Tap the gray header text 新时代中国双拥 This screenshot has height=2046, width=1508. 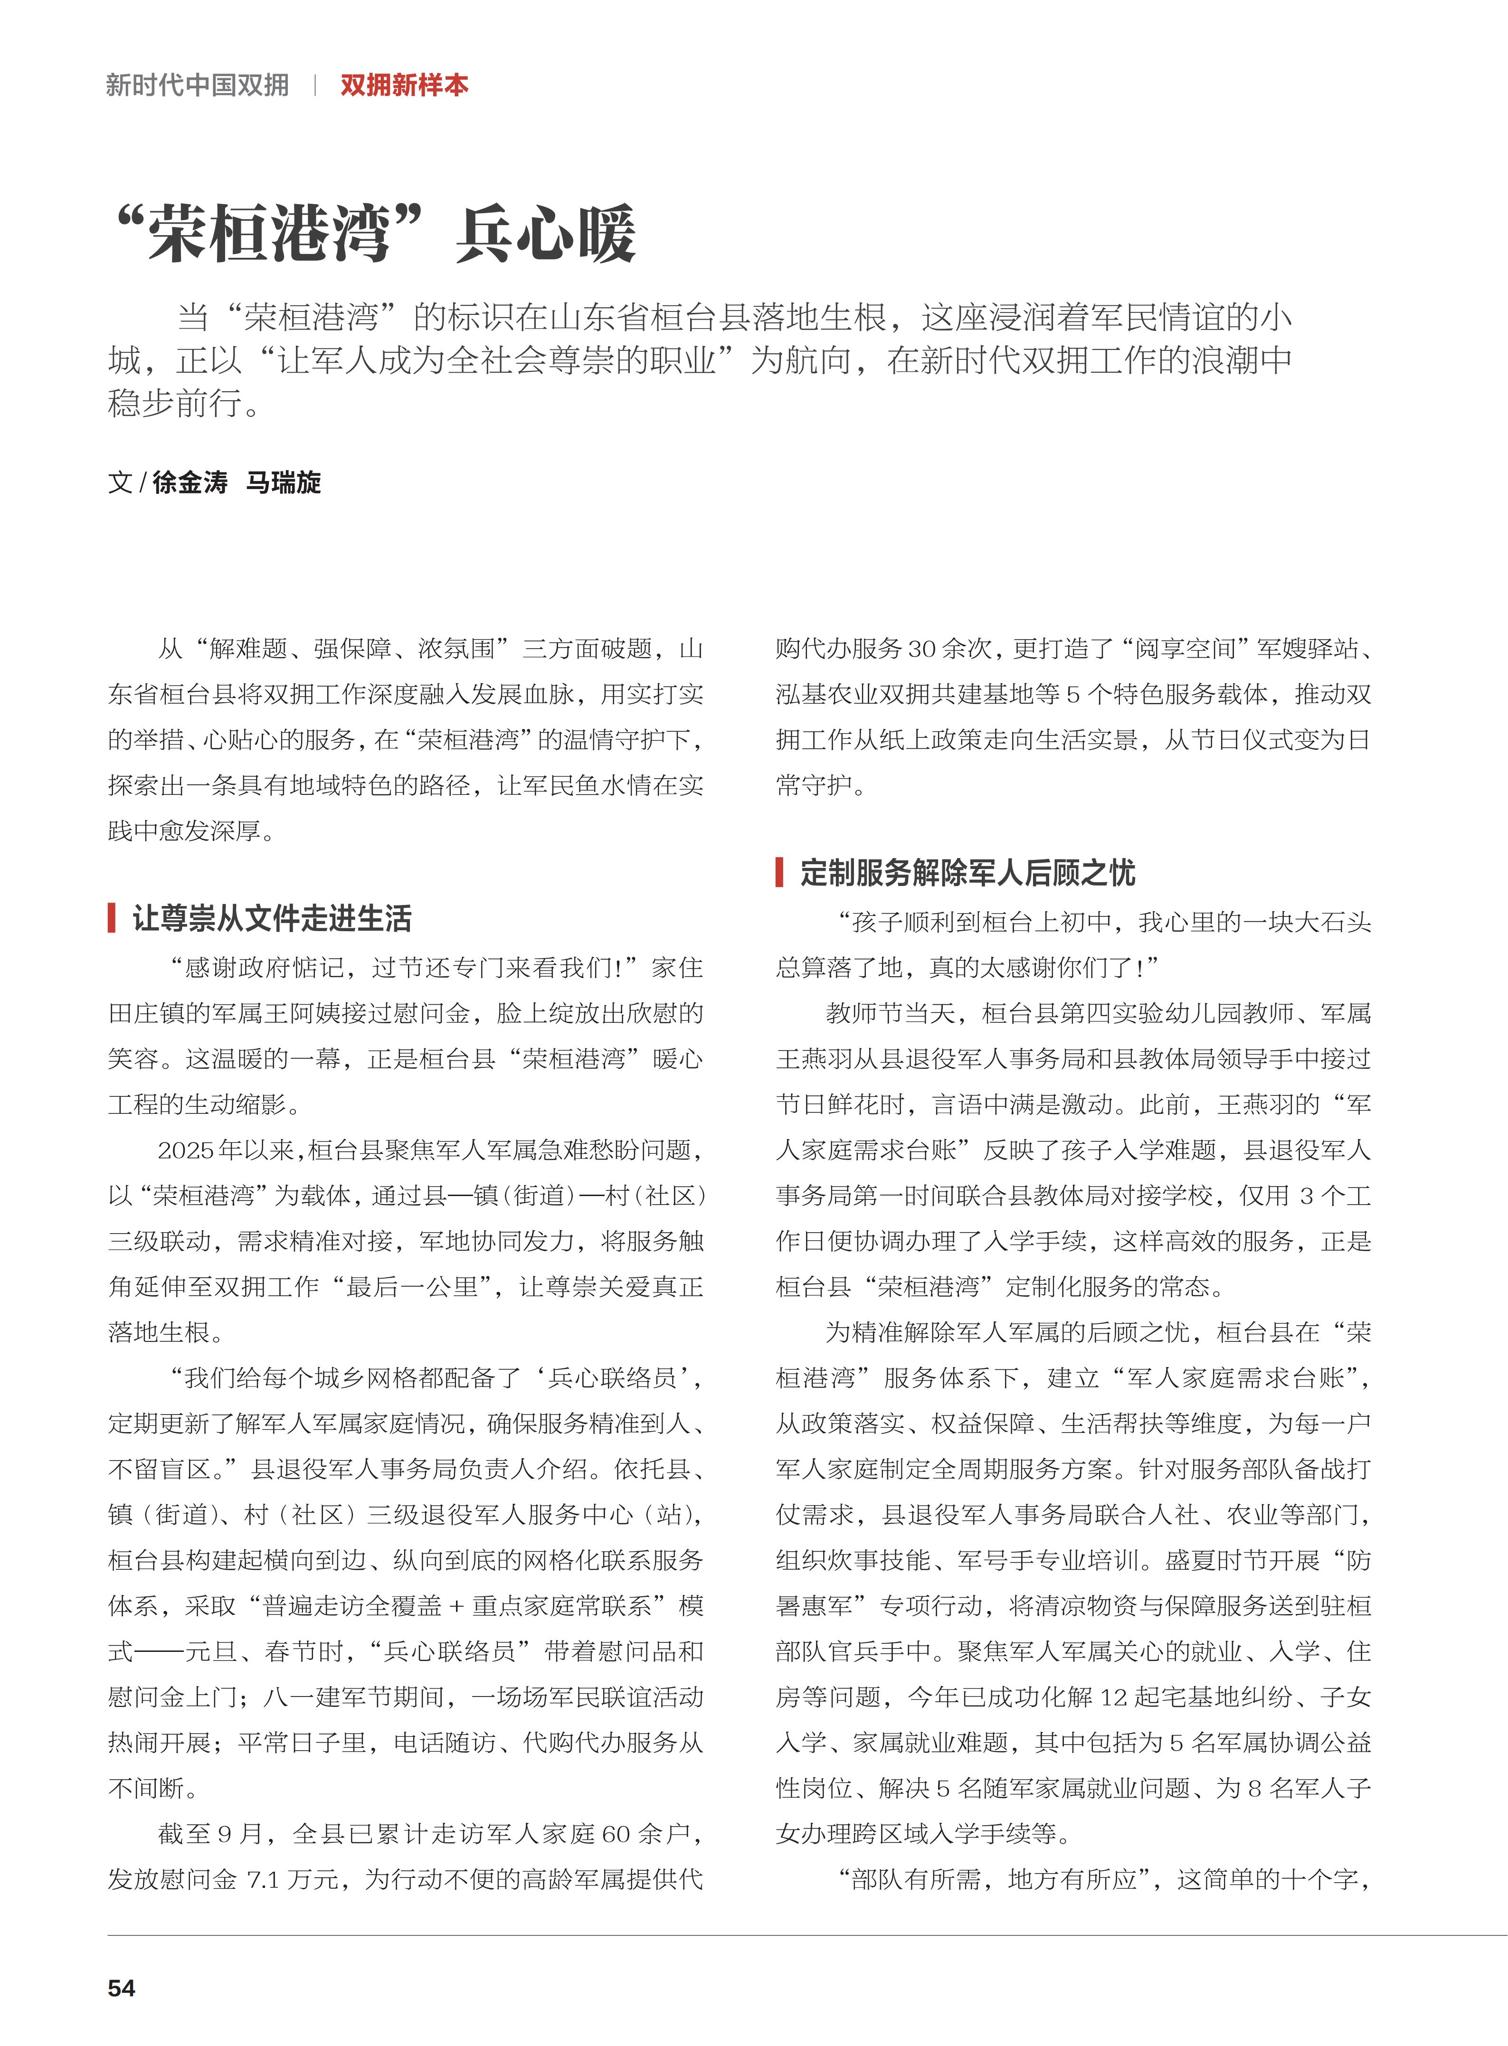click(197, 86)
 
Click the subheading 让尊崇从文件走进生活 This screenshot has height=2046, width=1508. click(272, 918)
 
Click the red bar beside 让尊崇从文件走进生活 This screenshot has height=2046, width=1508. click(111, 918)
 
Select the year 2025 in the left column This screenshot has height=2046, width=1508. click(184, 1150)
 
